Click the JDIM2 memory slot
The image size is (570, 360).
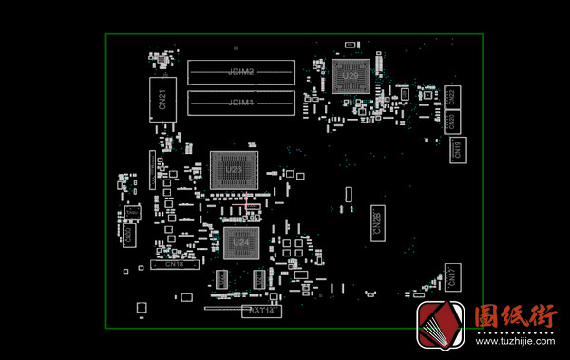pos(241,72)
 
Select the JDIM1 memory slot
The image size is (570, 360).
pos(241,101)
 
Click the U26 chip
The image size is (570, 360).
pos(235,171)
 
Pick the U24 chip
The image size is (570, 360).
pos(241,242)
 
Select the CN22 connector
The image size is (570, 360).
pos(452,95)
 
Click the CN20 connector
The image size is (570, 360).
pos(452,121)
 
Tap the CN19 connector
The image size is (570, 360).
pos(457,148)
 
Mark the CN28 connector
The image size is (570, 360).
pos(375,223)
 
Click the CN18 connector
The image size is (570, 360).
pos(174,265)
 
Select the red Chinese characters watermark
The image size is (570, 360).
pos(515,315)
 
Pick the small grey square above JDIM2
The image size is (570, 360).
pos(235,46)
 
